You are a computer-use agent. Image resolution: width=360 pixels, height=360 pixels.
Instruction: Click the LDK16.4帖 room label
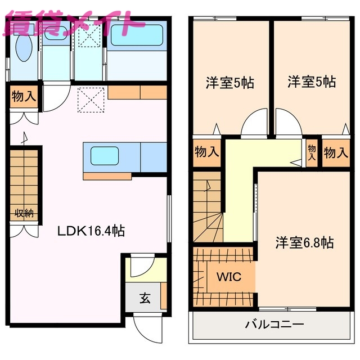click(90, 230)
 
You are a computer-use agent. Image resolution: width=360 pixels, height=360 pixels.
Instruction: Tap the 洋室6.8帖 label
click(304, 243)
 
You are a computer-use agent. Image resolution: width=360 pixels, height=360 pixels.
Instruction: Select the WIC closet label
click(229, 277)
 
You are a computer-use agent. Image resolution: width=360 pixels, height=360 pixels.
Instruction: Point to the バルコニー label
click(274, 325)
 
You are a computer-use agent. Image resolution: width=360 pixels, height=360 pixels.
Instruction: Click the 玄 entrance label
click(145, 299)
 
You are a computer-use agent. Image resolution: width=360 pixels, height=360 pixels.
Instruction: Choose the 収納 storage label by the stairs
click(24, 213)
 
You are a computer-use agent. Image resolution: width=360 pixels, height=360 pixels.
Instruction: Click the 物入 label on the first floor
click(24, 97)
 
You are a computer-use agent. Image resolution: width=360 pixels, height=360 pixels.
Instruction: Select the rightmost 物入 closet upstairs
click(336, 152)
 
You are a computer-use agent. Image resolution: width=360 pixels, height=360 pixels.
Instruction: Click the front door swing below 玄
click(145, 326)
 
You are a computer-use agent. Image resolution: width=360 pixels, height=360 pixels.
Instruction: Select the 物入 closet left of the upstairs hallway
click(206, 152)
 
